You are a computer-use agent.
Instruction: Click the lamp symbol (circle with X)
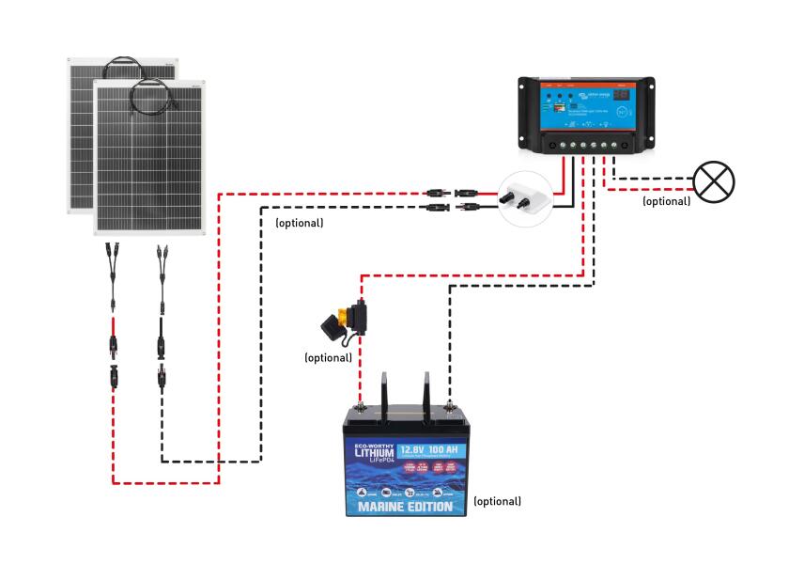point(714,180)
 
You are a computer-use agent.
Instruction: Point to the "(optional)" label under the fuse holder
point(329,358)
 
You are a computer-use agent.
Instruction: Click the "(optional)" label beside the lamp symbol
point(666,201)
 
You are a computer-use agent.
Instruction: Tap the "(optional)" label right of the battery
point(497,501)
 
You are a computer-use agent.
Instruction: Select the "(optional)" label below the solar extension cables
point(299,224)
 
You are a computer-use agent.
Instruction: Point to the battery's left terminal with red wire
point(359,408)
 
